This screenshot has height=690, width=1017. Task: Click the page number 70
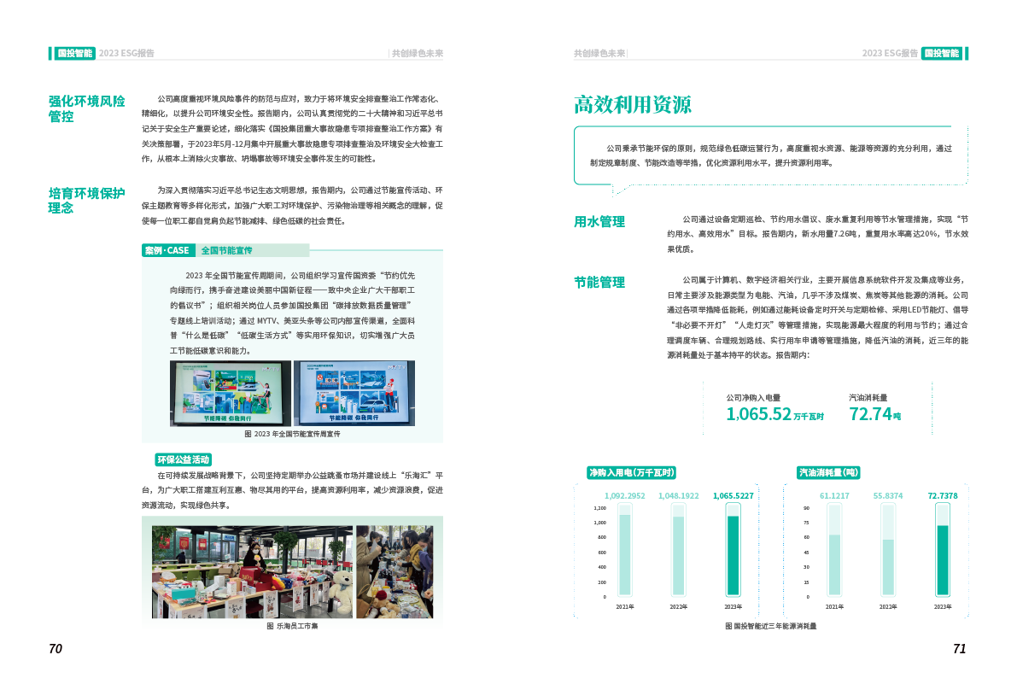[56, 649]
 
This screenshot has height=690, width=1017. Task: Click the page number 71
[959, 649]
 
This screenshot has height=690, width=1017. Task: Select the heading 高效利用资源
[632, 105]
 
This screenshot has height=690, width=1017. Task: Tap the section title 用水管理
[599, 222]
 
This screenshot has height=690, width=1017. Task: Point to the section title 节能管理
[599, 282]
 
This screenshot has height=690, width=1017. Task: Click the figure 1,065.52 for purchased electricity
[758, 414]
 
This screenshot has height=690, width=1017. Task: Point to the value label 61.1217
[834, 495]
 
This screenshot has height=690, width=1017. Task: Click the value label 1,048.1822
[679, 495]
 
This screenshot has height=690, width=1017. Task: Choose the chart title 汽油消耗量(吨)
[828, 471]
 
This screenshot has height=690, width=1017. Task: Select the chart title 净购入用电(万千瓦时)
[632, 471]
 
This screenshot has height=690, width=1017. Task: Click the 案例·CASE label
[167, 250]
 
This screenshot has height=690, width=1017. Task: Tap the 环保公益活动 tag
[182, 459]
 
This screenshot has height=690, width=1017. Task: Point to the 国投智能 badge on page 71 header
[943, 53]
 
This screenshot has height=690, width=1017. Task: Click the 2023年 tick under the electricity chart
[733, 607]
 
